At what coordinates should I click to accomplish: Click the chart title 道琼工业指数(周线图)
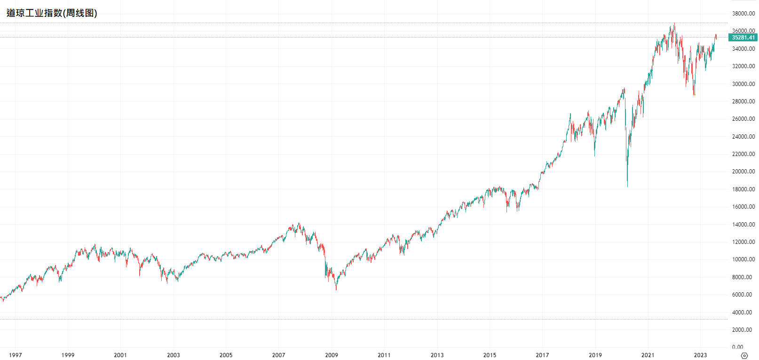point(52,13)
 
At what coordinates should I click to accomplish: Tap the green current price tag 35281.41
point(743,38)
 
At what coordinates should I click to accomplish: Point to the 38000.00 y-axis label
point(743,14)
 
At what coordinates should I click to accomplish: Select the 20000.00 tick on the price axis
point(743,172)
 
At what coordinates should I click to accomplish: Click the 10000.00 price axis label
point(743,259)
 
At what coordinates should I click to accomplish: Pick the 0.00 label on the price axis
point(747,347)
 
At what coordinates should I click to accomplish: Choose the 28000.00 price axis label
point(743,101)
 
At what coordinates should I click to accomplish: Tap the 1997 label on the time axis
point(15,355)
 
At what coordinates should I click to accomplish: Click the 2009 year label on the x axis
point(332,355)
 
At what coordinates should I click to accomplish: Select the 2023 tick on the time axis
point(700,355)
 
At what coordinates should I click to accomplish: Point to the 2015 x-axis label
point(490,355)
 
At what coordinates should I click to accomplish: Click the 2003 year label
point(173,355)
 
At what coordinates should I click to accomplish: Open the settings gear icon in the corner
point(744,355)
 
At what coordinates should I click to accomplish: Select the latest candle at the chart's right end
point(716,37)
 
